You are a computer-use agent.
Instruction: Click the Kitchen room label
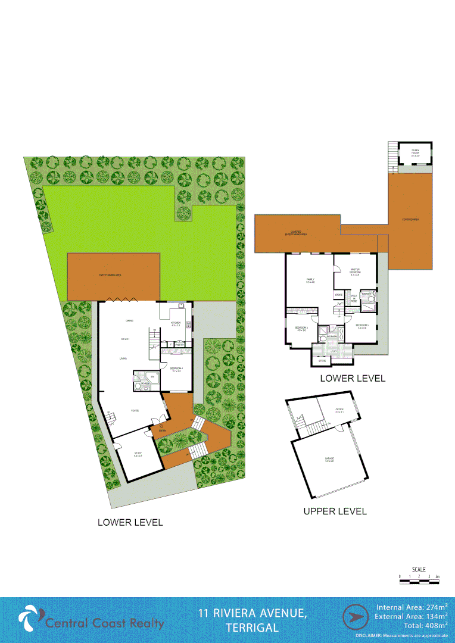point(176,323)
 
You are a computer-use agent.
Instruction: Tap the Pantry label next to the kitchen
point(179,344)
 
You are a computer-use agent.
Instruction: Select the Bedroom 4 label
point(176,369)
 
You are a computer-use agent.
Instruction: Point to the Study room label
point(138,454)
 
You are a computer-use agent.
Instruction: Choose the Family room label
point(310,280)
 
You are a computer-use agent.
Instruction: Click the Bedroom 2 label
point(301,329)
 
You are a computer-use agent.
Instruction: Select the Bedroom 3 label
point(362,326)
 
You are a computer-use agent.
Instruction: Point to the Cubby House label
point(415,154)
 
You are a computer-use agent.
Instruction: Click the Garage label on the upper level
point(329,459)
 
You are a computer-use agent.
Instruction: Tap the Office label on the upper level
point(339,410)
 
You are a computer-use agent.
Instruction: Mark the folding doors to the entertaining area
point(117,300)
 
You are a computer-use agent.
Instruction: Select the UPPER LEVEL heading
point(335,511)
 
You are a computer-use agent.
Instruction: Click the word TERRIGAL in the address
point(252,628)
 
